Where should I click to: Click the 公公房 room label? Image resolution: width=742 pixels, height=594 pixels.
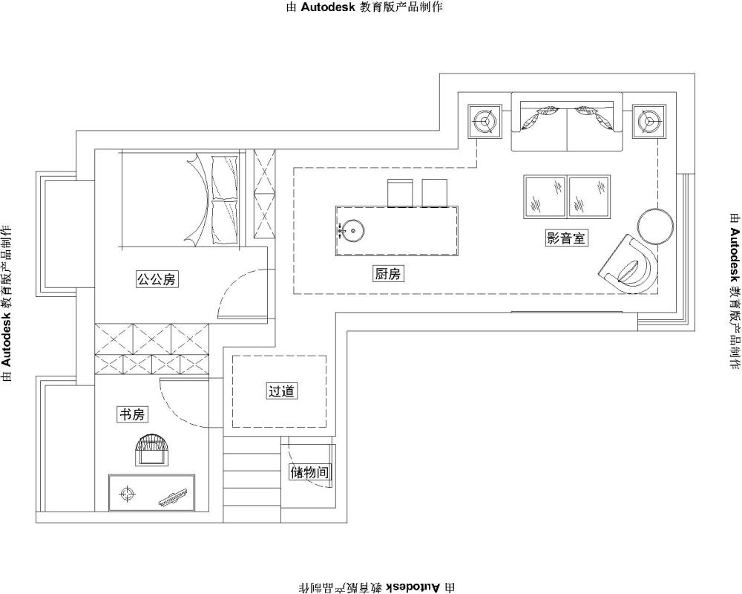pyautogui.click(x=156, y=279)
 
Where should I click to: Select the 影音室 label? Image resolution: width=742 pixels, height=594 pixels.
pyautogui.click(x=566, y=238)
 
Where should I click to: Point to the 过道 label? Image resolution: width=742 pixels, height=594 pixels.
pyautogui.click(x=281, y=391)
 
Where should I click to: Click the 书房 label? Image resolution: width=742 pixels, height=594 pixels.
pyautogui.click(x=131, y=414)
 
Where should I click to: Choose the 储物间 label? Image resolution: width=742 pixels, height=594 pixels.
pyautogui.click(x=310, y=471)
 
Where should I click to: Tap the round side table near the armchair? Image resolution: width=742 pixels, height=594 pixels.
pyautogui.click(x=655, y=226)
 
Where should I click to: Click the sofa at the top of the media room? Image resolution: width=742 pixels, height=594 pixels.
pyautogui.click(x=566, y=122)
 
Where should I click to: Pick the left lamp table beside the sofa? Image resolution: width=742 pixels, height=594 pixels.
pyautogui.click(x=485, y=121)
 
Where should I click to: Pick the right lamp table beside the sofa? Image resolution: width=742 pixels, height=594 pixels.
pyautogui.click(x=649, y=121)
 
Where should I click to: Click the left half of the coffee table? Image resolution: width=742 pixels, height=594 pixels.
pyautogui.click(x=545, y=197)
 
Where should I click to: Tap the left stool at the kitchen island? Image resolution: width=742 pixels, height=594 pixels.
pyautogui.click(x=400, y=193)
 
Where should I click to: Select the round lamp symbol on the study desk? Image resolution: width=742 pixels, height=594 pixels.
pyautogui.click(x=127, y=494)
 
